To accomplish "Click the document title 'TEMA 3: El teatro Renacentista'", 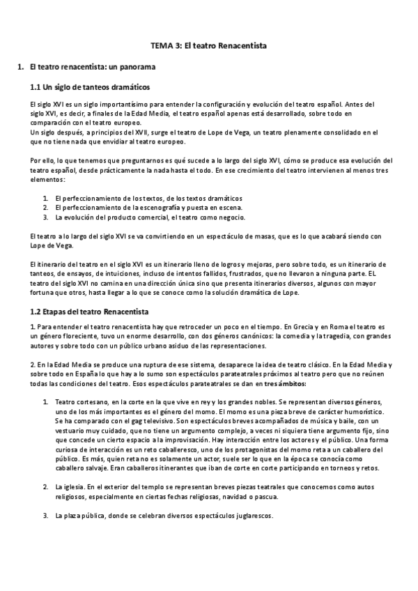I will point(209,46).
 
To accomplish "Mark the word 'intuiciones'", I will point(110,275).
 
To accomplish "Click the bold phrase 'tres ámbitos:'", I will point(285,384).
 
